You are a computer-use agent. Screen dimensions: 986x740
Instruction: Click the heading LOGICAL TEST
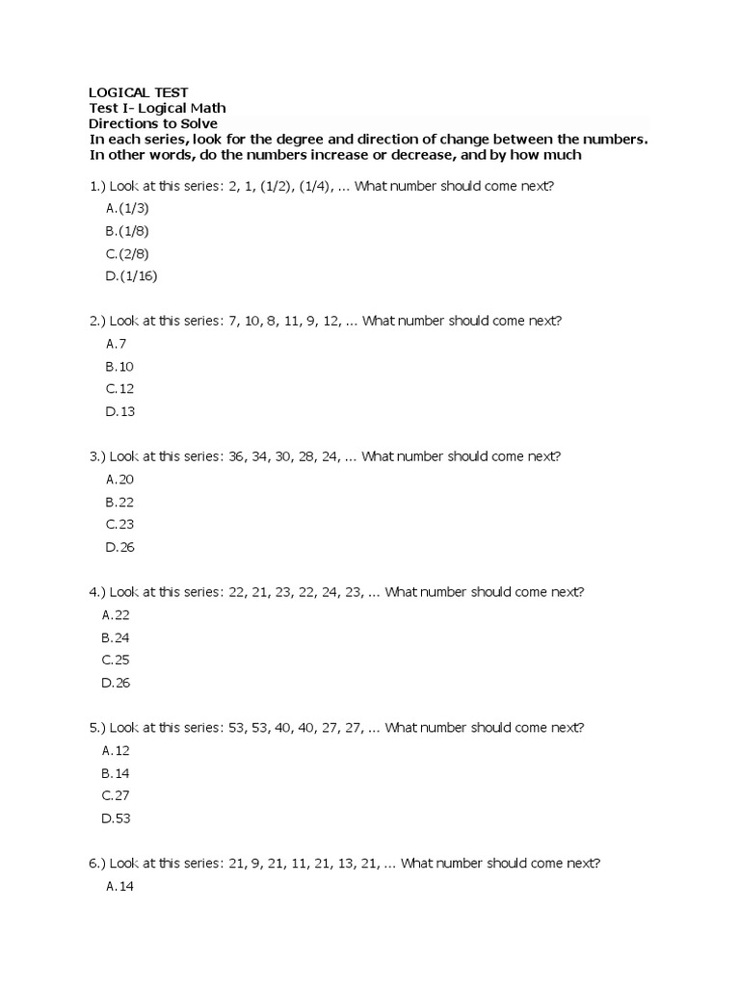point(139,92)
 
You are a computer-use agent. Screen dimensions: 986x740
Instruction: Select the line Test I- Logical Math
point(157,108)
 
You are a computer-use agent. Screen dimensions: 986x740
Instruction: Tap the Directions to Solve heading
point(153,123)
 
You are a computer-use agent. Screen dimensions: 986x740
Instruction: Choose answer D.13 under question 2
point(119,411)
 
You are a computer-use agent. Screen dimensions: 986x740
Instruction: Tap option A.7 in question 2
point(117,343)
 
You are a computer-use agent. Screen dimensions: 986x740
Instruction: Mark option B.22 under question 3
point(119,501)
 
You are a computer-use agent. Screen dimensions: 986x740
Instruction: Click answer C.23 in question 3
point(119,524)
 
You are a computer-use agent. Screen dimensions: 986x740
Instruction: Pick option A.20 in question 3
point(119,479)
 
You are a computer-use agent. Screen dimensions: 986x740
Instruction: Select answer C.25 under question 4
point(116,660)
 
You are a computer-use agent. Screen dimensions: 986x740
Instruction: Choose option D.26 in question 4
point(116,683)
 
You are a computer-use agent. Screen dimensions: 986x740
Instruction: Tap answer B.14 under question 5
point(116,772)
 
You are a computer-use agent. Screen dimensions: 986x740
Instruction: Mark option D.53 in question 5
point(116,818)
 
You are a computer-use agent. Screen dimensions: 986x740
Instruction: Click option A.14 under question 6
point(119,886)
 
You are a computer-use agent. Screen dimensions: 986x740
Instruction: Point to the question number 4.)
point(96,591)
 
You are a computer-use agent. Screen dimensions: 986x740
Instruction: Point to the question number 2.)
point(96,321)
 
